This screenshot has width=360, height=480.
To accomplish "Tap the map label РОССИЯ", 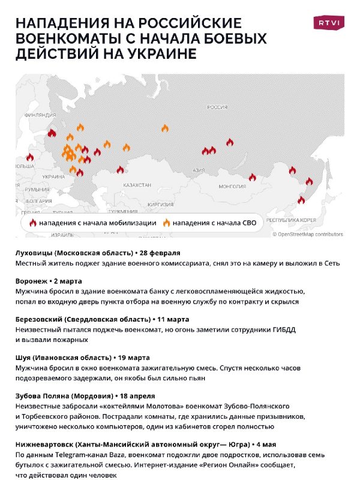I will click(217, 107).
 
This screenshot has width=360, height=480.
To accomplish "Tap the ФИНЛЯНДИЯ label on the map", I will click(40, 114).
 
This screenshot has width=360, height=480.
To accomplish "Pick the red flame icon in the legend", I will click(33, 223).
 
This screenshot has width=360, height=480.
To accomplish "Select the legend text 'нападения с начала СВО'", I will click(214, 223).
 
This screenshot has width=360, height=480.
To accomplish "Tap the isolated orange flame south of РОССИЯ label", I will click(165, 128).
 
